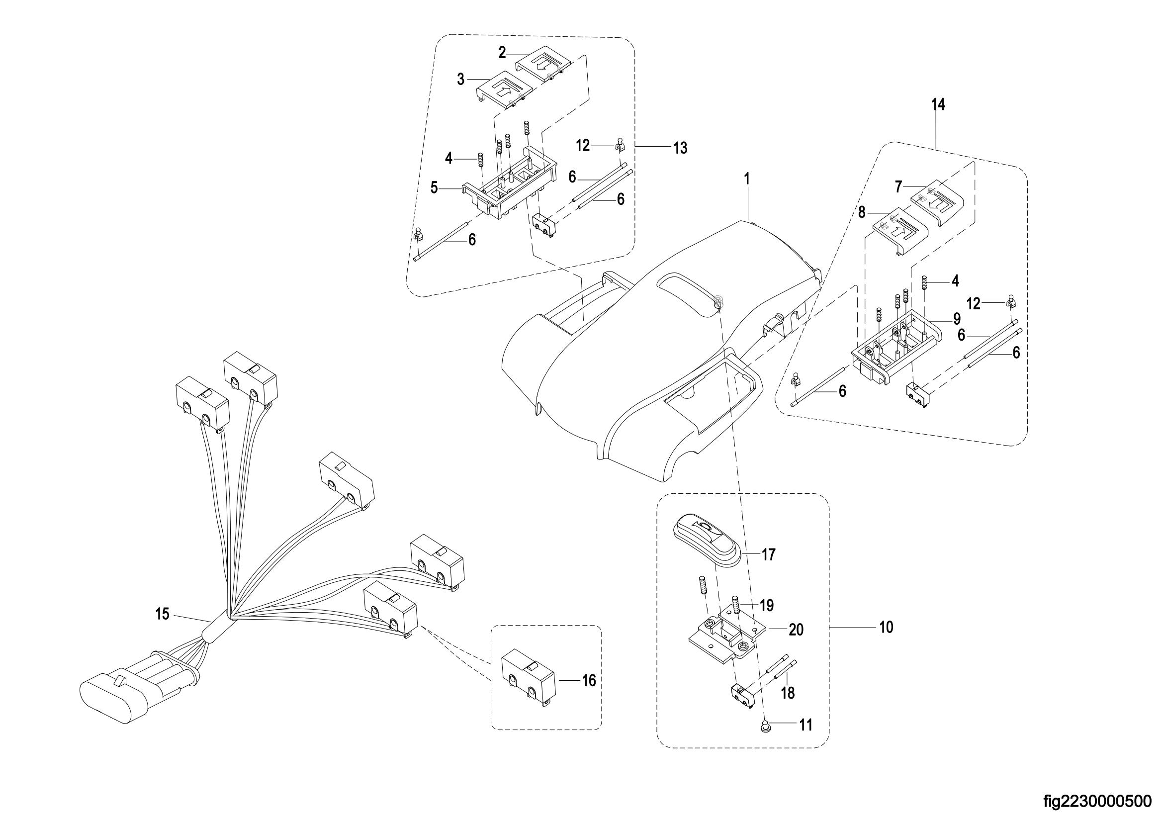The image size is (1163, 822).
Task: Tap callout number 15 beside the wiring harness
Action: tap(162, 614)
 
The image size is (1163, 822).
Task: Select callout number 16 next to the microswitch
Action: tap(589, 681)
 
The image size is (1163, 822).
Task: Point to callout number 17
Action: tap(768, 555)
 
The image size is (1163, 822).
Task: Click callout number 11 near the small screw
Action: tap(805, 725)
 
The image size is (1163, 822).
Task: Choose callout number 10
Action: tap(887, 628)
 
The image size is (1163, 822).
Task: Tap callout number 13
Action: tap(680, 148)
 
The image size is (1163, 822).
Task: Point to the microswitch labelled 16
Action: tap(529, 680)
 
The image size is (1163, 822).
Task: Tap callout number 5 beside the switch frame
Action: tap(434, 188)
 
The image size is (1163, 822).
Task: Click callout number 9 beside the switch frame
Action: tap(956, 319)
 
